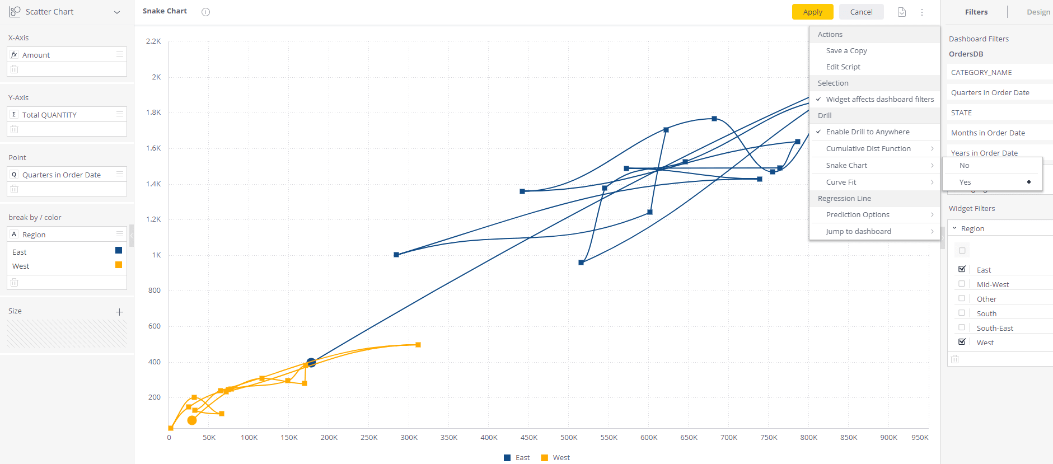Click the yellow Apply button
[x=812, y=12]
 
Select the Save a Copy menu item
[x=846, y=51]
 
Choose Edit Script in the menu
[x=843, y=67]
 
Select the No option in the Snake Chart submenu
[x=964, y=166]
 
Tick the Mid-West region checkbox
[x=962, y=284]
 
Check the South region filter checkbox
[x=962, y=313]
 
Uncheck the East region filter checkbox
[x=962, y=269]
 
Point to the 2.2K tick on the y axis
[x=153, y=41]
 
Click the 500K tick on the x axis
[x=569, y=438]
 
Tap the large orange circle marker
[x=192, y=420]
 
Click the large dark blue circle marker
[x=311, y=363]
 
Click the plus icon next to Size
[x=119, y=312]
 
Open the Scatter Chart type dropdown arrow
[x=117, y=12]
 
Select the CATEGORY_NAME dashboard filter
[x=981, y=73]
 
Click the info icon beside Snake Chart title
[x=206, y=12]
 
